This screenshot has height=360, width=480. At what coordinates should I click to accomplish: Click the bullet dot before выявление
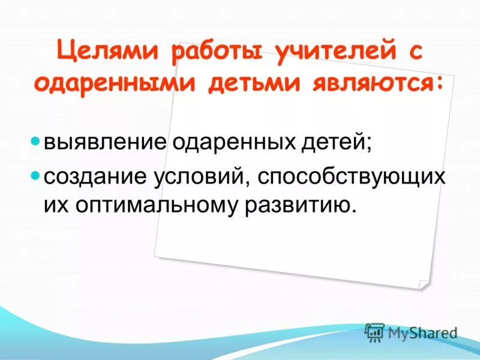pyautogui.click(x=35, y=143)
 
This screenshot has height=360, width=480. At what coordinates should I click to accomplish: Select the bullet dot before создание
pyautogui.click(x=35, y=176)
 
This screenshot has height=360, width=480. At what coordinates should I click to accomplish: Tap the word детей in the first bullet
pyautogui.click(x=332, y=144)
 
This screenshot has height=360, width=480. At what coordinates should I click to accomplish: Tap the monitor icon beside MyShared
pyautogui.click(x=374, y=332)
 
